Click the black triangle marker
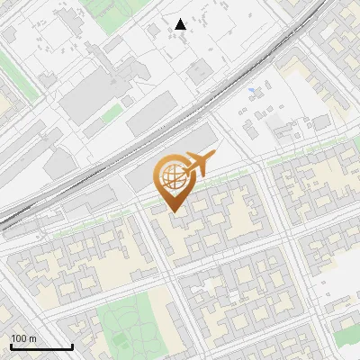coord(181,24)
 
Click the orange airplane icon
coord(199,164)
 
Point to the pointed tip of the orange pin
coord(173,212)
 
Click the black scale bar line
coord(41,346)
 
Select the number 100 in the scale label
coord(19,338)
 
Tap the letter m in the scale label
coord(33,338)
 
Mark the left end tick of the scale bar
coord(11,345)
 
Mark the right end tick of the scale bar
coord(72,345)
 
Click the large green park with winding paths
coord(130,324)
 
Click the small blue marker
coord(251,90)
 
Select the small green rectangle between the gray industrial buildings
coord(112,114)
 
